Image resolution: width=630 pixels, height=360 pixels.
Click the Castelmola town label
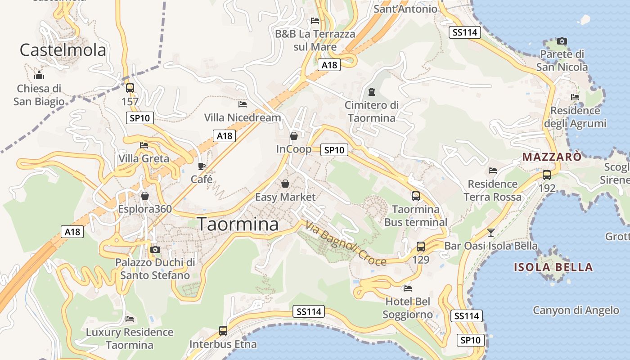coord(63,50)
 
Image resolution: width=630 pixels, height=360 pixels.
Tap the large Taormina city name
coord(238,224)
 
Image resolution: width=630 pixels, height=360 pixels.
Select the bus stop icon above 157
coord(130,88)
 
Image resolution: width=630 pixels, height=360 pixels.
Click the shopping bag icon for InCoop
coord(294,135)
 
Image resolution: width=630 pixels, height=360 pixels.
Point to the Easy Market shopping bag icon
coord(285,184)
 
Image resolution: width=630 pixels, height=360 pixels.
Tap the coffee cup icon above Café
coord(202,166)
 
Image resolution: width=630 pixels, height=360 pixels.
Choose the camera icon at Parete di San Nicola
coord(562,41)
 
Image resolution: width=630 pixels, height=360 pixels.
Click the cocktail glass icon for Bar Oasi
coord(491,233)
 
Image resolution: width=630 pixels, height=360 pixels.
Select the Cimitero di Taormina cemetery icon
coord(371,92)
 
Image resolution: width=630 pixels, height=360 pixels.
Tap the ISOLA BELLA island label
coord(553,267)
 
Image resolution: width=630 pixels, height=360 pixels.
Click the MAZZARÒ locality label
coord(552,157)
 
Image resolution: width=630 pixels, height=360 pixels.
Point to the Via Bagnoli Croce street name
coord(346,243)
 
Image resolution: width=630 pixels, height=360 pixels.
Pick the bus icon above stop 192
coord(547,175)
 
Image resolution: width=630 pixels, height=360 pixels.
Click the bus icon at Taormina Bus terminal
coord(416,196)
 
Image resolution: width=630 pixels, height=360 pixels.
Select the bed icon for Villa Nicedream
coord(243,104)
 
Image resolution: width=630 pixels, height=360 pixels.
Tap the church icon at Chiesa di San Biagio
coord(39,75)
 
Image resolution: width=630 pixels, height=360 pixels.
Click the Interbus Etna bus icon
coord(223,331)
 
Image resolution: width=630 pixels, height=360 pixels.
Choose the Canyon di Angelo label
coord(576,310)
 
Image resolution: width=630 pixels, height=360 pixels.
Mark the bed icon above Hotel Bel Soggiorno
coord(408,288)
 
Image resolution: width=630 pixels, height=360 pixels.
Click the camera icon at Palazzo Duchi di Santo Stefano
coord(155,249)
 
